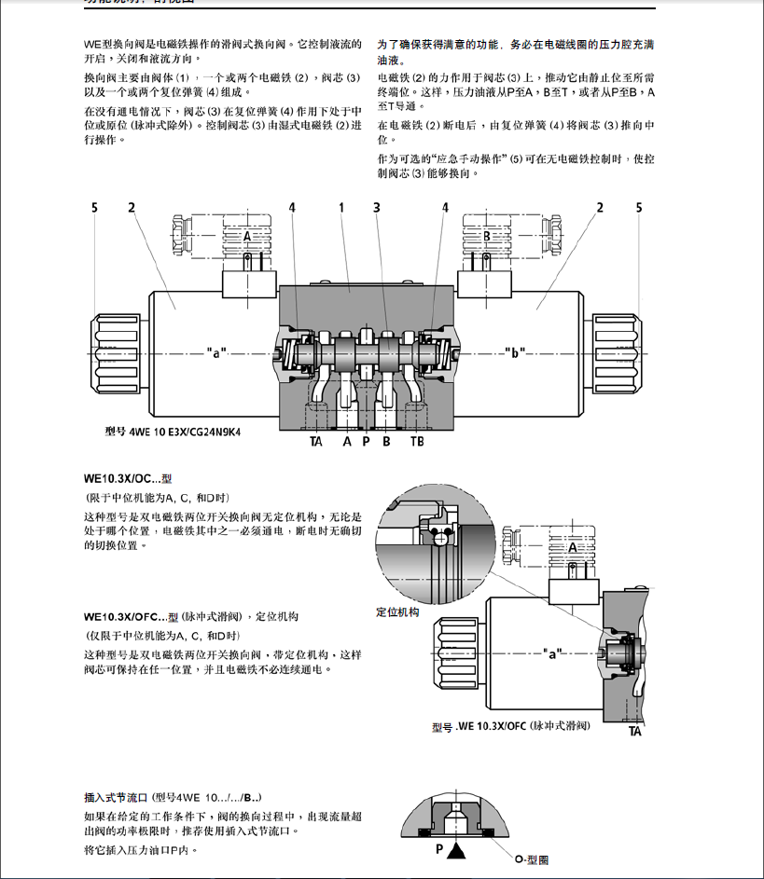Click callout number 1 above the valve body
tap(342, 207)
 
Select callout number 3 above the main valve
tap(377, 207)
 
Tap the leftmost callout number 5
tap(94, 207)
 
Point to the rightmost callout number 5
tap(639, 207)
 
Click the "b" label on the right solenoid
tap(513, 353)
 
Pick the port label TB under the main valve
tap(416, 441)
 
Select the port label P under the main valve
tap(367, 441)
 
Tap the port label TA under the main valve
tap(316, 441)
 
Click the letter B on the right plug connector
tap(486, 237)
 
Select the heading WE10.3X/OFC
tap(124, 616)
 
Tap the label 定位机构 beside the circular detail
tap(398, 612)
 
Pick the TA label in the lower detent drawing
tap(634, 732)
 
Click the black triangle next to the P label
tap(456, 850)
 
